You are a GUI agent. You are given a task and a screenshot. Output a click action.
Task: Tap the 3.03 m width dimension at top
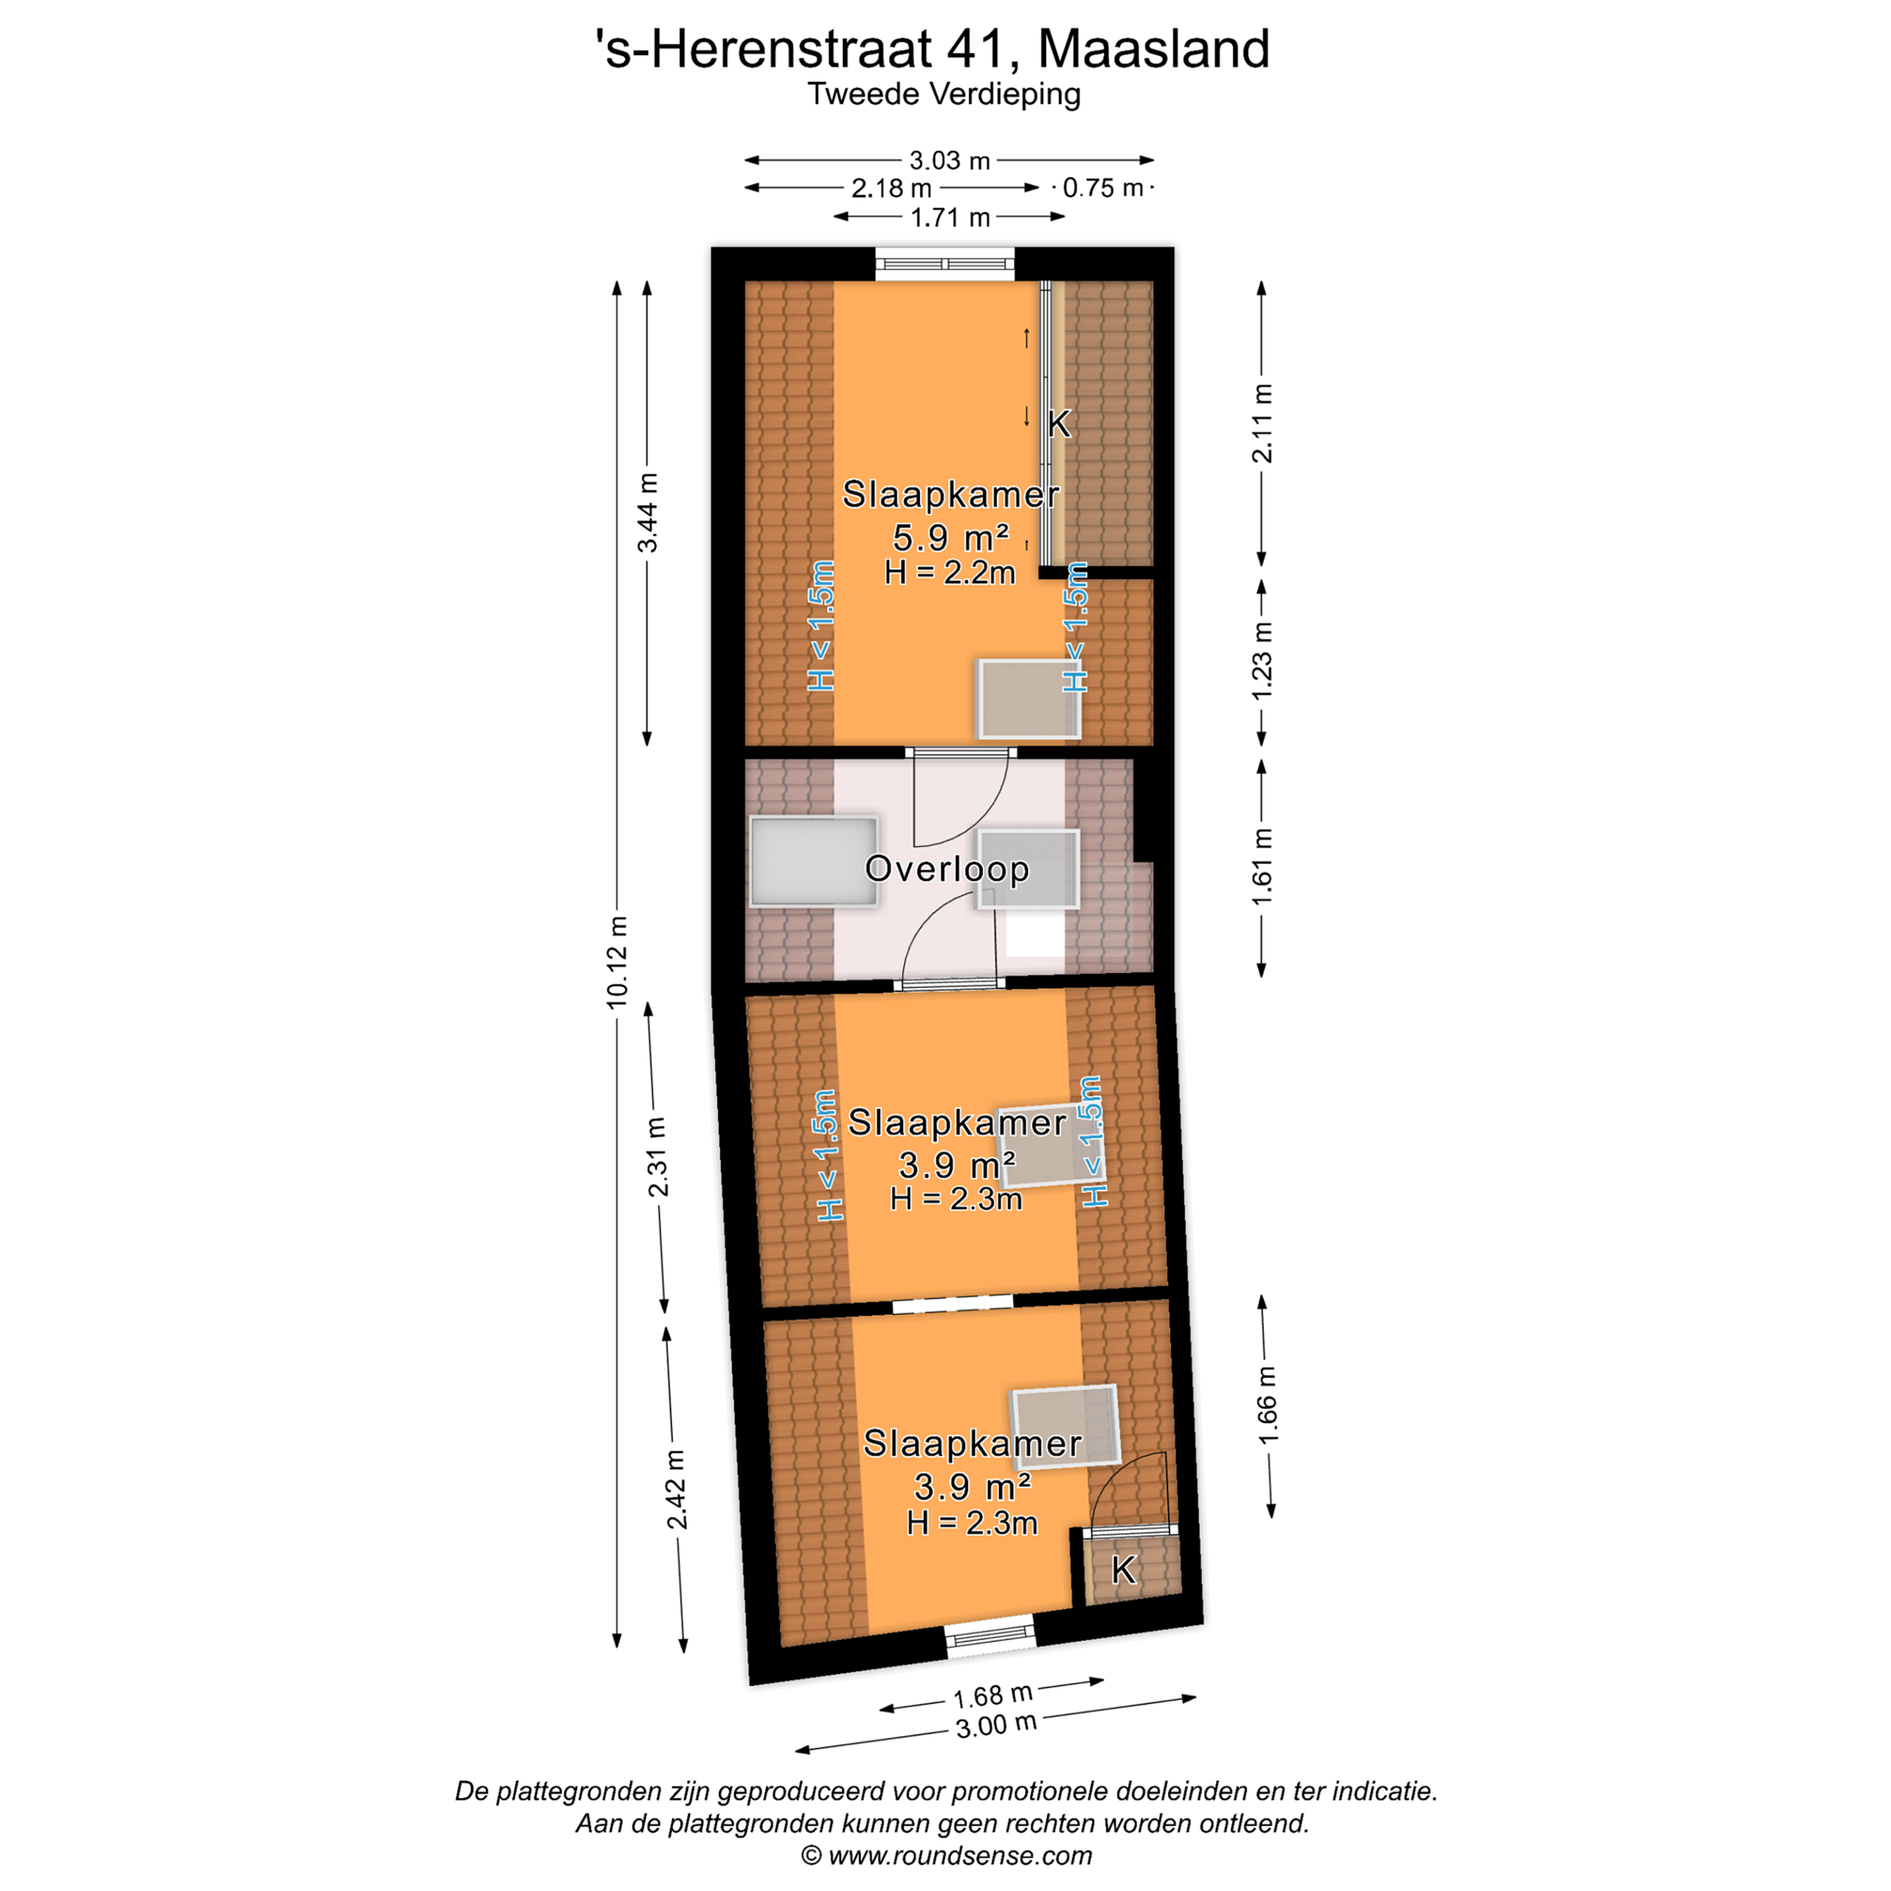(949, 160)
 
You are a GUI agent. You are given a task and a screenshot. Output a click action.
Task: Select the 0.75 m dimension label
(1103, 187)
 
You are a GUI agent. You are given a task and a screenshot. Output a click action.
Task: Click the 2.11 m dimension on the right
(1263, 423)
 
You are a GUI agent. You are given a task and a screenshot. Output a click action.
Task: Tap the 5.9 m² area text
(950, 537)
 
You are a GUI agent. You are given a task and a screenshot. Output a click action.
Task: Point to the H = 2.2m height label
(949, 573)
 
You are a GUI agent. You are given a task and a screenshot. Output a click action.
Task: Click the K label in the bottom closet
(1123, 1570)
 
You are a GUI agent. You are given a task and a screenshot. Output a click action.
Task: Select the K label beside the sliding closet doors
(1059, 424)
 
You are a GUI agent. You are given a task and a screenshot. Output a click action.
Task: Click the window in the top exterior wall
(945, 264)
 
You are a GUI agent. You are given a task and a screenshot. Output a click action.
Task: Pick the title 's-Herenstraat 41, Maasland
(933, 49)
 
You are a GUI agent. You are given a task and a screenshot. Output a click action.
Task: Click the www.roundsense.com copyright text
(946, 1856)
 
